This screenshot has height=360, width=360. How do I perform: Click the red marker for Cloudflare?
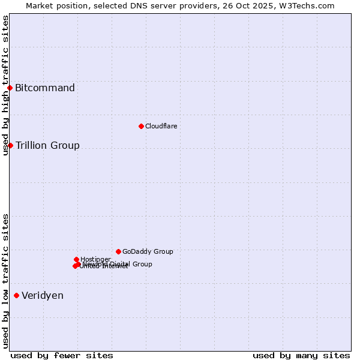pyautogui.click(x=141, y=126)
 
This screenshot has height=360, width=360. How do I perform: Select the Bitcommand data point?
pyautogui.click(x=10, y=88)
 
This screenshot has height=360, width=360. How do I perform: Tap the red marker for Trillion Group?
pyautogui.click(x=10, y=145)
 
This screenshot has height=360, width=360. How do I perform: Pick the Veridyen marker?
pyautogui.click(x=16, y=295)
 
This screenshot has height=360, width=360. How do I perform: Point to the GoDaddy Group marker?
pyautogui.click(x=118, y=251)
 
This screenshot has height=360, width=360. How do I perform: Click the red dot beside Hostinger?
pyautogui.click(x=76, y=259)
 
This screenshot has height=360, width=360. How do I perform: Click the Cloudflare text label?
pyautogui.click(x=161, y=126)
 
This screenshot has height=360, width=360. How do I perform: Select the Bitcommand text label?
pyautogui.click(x=45, y=88)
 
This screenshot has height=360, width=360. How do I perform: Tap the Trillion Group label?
pyautogui.click(x=47, y=145)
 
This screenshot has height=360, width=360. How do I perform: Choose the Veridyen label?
pyautogui.click(x=43, y=295)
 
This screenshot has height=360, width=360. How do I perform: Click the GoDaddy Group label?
pyautogui.click(x=148, y=251)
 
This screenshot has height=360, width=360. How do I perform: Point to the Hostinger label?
pyautogui.click(x=95, y=259)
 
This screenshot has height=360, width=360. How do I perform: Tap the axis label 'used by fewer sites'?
pyautogui.click(x=62, y=355)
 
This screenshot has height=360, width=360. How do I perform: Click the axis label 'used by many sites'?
pyautogui.click(x=301, y=355)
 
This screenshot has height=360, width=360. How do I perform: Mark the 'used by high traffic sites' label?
pyautogui.click(x=5, y=85)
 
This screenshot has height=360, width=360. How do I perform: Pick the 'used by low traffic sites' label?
pyautogui.click(x=5, y=281)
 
